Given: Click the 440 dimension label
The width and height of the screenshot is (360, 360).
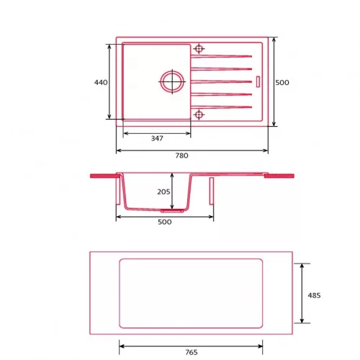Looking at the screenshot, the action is click(101, 82).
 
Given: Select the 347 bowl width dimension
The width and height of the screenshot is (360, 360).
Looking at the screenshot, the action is click(157, 138).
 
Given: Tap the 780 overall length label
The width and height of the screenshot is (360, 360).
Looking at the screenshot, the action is click(181, 156).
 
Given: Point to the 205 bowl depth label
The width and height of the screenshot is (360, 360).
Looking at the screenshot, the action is click(163, 192).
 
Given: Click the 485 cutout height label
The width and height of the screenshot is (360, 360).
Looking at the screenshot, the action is click(314, 295).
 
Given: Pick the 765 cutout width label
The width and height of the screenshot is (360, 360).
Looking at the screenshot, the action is click(192, 352).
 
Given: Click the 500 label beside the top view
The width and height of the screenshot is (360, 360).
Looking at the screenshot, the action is click(282, 82).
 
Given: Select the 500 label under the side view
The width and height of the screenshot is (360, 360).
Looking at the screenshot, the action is click(165, 222).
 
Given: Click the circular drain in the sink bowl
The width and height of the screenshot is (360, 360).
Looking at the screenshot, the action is click(172, 81).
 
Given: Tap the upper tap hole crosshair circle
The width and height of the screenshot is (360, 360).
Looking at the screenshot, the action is click(199, 49).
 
